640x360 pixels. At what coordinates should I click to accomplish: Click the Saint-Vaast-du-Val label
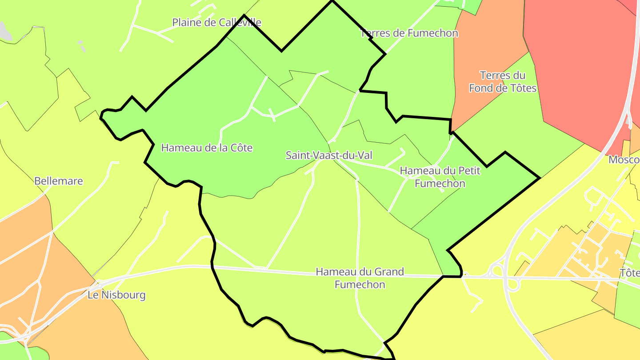point(329,156)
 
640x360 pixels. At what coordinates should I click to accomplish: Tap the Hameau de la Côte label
point(207,148)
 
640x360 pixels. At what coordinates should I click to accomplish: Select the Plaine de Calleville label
point(216,22)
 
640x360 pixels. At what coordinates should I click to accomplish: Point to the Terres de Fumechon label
point(409,33)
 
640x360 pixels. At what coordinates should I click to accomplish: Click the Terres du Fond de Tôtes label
point(503,82)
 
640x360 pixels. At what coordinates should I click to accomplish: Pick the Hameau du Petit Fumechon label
point(440,177)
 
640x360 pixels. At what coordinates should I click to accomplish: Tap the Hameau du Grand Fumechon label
point(360,278)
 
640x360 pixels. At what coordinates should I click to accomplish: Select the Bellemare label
point(59,181)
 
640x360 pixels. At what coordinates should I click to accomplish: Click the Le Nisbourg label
point(116,295)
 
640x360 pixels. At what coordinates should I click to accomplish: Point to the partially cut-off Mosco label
point(624,160)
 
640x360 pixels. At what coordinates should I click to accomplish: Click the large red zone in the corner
point(578,67)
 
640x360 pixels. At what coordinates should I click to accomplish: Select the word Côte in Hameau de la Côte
point(240,148)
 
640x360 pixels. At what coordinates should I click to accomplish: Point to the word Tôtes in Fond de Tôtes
point(520,88)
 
